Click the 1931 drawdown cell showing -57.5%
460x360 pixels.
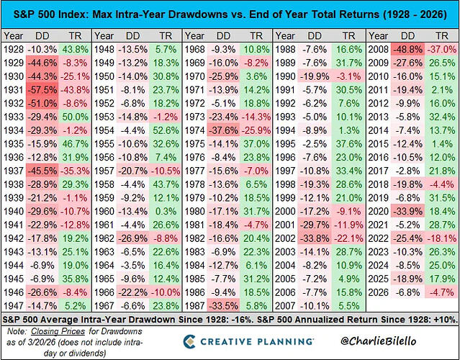coord(42,90)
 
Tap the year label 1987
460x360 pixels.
coord(194,306)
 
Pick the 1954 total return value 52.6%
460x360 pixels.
coord(166,130)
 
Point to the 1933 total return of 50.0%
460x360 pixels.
coord(75,117)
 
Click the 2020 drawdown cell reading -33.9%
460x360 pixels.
coord(407,211)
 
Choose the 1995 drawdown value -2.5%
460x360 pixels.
coord(315,144)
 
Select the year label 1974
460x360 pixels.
coord(194,130)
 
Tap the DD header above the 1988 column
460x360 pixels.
coord(315,36)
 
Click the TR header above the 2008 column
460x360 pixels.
coord(442,36)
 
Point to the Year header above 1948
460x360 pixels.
coord(104,36)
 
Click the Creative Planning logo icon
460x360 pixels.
coord(189,341)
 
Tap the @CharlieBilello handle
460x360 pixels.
coord(378,341)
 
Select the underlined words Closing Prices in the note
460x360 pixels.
coord(58,331)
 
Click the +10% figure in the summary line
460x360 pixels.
coord(445,319)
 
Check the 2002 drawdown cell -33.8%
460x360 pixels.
coord(315,238)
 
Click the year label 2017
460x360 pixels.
coord(378,171)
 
